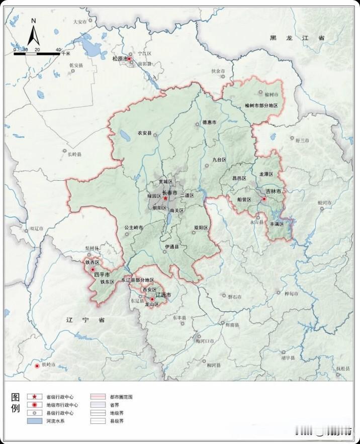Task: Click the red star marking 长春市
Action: pos(165,198)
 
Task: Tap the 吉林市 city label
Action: pos(274,192)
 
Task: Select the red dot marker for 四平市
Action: pos(93,269)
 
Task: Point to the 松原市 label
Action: pos(119,59)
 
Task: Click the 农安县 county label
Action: pos(144,134)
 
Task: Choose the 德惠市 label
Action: pos(209,123)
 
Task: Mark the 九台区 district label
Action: pos(219,160)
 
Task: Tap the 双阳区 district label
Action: pos(201,228)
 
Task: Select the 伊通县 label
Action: pos(172,247)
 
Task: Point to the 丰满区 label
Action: pos(277,224)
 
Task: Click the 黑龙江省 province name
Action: pos(297,38)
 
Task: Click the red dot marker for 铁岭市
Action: pos(37,366)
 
